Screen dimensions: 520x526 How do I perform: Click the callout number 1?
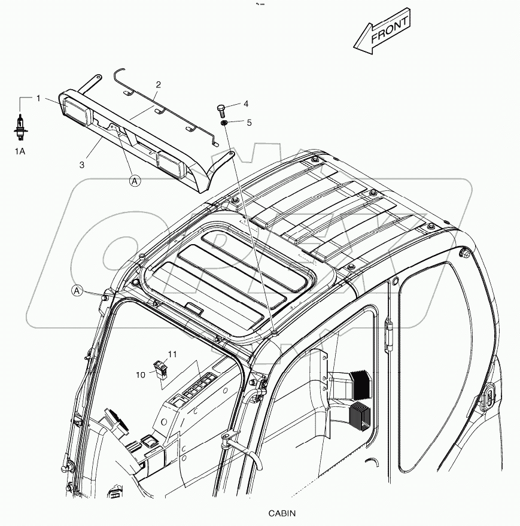click(38, 98)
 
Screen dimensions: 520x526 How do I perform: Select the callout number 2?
click(159, 84)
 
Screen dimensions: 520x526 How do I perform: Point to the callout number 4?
click(245, 104)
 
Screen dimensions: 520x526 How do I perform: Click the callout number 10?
click(141, 375)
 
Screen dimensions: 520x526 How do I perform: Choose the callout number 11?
click(172, 355)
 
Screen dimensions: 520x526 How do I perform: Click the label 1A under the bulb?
click(20, 151)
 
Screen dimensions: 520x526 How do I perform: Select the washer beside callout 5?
click(223, 123)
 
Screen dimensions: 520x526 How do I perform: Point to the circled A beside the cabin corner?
click(77, 291)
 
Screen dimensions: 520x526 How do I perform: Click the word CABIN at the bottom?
click(282, 513)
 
